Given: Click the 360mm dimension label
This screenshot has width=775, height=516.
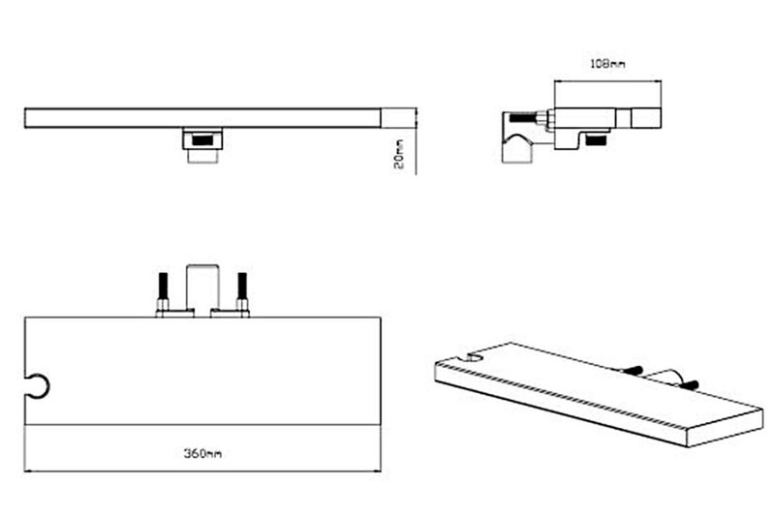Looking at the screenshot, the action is [x=202, y=453].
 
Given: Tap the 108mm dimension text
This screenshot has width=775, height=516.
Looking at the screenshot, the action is [x=608, y=64].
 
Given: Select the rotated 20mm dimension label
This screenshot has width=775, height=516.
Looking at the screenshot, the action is [x=399, y=154].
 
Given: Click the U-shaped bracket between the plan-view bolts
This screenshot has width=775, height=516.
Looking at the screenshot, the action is [x=202, y=266].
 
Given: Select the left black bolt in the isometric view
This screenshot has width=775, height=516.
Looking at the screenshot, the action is [x=633, y=370].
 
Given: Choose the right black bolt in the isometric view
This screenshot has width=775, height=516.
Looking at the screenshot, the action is [x=689, y=384].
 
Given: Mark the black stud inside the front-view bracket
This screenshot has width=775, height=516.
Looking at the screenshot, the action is [x=202, y=140].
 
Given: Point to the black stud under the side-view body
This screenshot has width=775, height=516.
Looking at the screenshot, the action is [x=596, y=140].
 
